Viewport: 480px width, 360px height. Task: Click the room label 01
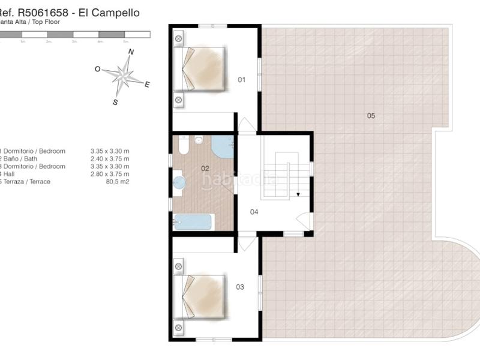tap(242, 79)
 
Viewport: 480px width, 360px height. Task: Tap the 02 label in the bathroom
tap(205, 169)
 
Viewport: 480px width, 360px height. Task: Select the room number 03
tap(240, 287)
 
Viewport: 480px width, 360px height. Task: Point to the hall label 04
tap(254, 212)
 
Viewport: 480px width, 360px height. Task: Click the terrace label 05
tap(371, 115)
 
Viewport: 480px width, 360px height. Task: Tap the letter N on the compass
tap(131, 52)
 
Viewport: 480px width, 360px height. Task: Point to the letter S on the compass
tap(115, 102)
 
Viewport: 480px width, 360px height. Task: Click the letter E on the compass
tap(147, 85)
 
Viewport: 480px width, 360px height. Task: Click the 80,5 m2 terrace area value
tap(117, 181)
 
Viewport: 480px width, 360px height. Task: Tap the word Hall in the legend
tap(11, 173)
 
